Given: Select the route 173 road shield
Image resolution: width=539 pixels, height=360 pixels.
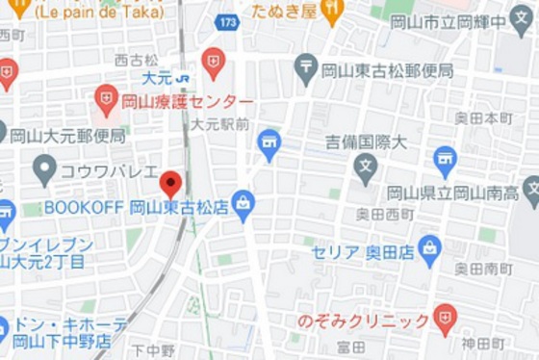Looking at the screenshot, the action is pos(227,20).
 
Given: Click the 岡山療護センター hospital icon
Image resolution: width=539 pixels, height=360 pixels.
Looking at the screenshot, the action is pos(107,97).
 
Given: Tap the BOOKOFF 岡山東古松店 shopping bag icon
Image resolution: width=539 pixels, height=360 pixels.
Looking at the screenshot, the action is pos(244,204).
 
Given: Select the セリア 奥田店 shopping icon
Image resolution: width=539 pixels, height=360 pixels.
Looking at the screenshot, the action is pos(429,249).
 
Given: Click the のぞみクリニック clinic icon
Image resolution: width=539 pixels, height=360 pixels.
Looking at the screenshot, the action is pos(445,319).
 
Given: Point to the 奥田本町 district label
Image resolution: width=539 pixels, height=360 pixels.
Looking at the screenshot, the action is pos(484,118).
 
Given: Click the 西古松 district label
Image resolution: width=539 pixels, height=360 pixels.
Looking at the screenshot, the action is pos(135,60).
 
